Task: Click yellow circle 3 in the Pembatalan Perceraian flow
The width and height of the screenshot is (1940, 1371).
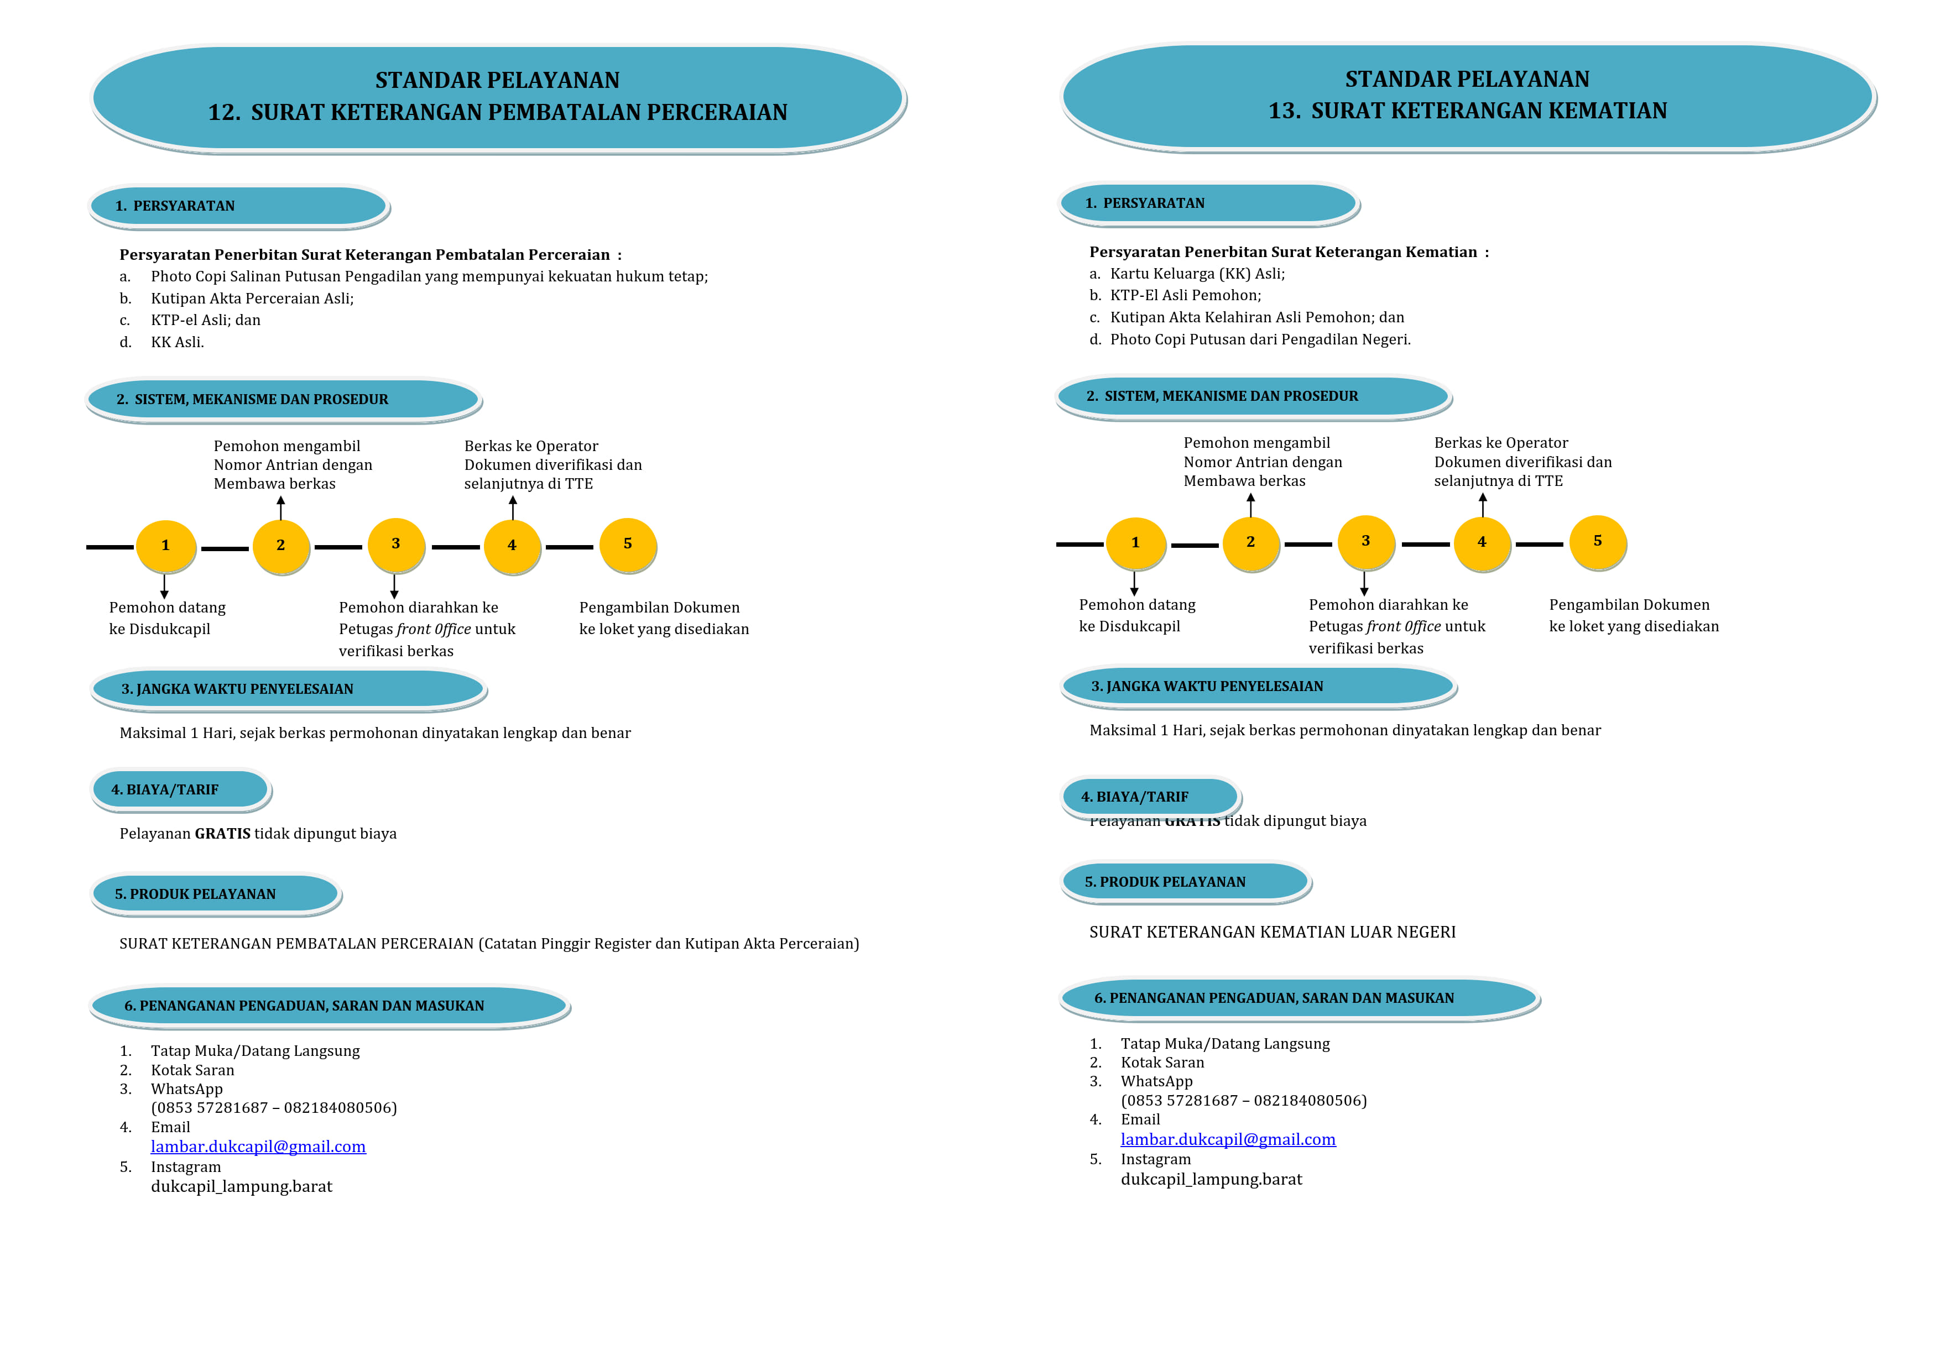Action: point(395,544)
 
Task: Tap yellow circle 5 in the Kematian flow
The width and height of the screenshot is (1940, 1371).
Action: point(1597,541)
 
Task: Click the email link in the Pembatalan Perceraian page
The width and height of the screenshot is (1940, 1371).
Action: point(258,1147)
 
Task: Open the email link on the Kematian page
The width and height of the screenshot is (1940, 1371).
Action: point(1228,1139)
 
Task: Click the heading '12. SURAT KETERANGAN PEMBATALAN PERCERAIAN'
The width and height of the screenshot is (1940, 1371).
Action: point(498,112)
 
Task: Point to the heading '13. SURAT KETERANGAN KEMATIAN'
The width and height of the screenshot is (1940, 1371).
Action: point(1468,111)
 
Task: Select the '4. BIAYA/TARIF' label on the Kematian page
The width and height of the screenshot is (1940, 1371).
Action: point(1135,797)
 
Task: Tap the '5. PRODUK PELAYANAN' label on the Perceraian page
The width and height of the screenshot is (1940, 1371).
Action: point(195,894)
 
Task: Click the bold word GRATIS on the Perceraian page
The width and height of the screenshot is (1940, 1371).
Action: point(222,834)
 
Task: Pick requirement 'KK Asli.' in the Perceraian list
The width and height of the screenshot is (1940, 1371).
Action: point(178,342)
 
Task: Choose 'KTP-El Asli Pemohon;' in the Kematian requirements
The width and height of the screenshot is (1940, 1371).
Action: point(1186,295)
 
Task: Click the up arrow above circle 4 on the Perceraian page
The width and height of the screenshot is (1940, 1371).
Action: point(512,507)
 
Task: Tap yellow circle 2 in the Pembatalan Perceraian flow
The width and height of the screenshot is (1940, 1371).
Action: point(280,546)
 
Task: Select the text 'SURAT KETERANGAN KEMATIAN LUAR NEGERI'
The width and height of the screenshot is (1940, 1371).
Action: point(1273,932)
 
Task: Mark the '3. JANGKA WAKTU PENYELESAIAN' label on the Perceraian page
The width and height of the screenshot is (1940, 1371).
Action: point(237,688)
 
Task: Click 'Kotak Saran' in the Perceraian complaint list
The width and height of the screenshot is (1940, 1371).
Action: point(192,1070)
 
